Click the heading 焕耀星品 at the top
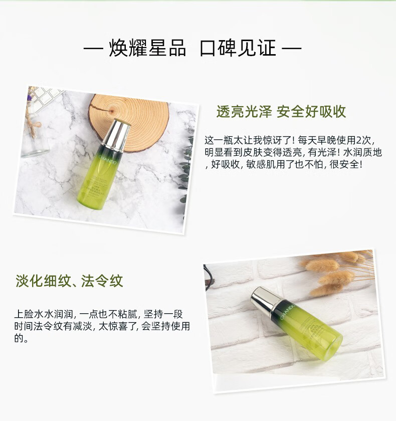[x=147, y=48]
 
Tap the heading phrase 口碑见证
[x=238, y=48]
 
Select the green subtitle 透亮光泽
[x=244, y=111]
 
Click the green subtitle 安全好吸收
[x=311, y=111]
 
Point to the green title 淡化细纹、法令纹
[x=69, y=281]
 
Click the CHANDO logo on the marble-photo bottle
[x=107, y=159]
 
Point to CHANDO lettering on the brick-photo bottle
[x=288, y=312]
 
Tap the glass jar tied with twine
[x=34, y=134]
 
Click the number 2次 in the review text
[x=363, y=140]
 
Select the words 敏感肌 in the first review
[x=255, y=164]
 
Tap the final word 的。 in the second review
[x=21, y=338]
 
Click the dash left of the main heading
[x=93, y=49]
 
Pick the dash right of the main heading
[x=292, y=49]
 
